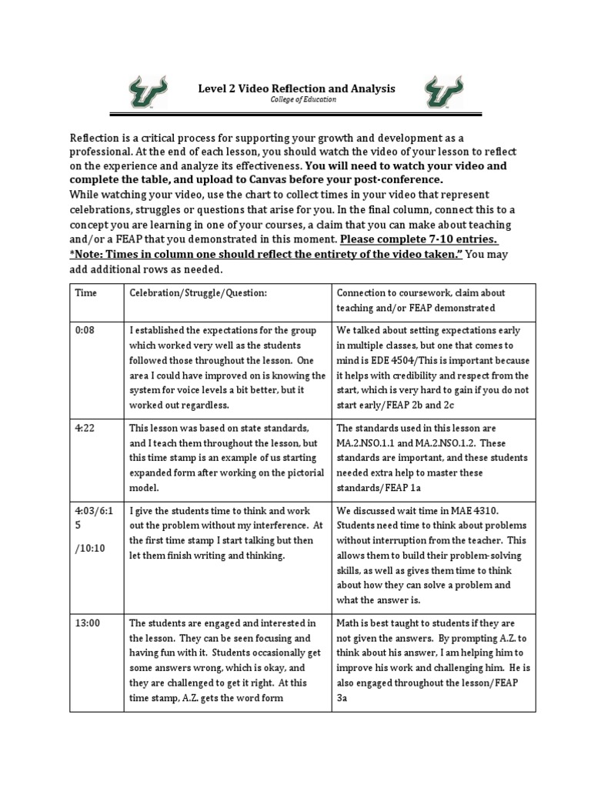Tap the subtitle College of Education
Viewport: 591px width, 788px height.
click(296, 101)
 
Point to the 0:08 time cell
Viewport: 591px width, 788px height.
click(84, 330)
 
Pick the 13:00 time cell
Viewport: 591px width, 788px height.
click(87, 623)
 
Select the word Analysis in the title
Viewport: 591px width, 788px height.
click(370, 88)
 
